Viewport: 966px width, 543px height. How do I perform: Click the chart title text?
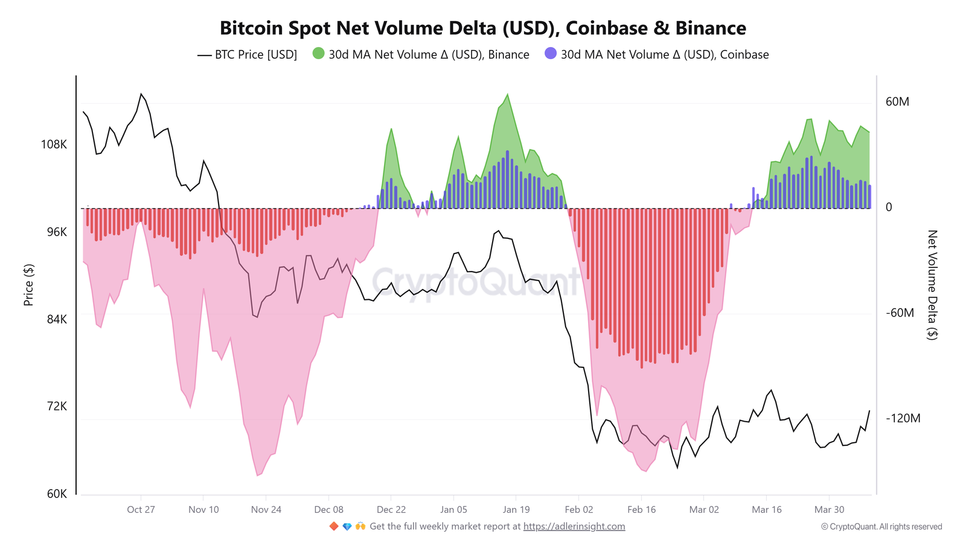[x=482, y=28]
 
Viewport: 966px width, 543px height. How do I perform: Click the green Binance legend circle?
[x=318, y=54]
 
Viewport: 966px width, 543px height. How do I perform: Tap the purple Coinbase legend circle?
[x=550, y=54]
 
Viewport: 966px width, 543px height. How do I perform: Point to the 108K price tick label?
[x=54, y=145]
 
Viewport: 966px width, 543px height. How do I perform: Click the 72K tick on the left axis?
[x=57, y=407]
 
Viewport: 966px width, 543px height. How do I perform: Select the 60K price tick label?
[x=57, y=494]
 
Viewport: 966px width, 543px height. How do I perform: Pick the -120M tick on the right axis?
[x=903, y=419]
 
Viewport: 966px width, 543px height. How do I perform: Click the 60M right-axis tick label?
[x=897, y=102]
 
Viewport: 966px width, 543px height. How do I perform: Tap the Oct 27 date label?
[x=141, y=510]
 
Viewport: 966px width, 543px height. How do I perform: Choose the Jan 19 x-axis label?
[x=516, y=510]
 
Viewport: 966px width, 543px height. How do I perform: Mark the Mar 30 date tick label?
[x=829, y=510]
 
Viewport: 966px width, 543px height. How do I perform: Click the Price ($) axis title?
[x=28, y=285]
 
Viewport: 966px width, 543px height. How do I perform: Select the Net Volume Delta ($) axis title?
[x=932, y=285]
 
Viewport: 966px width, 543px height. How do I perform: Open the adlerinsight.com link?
[x=574, y=527]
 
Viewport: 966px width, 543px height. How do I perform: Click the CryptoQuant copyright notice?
[x=881, y=527]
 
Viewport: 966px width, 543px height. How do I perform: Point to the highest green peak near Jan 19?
[x=507, y=95]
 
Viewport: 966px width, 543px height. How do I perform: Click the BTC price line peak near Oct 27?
[x=141, y=94]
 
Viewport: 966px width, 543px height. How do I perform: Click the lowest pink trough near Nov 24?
[x=258, y=475]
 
